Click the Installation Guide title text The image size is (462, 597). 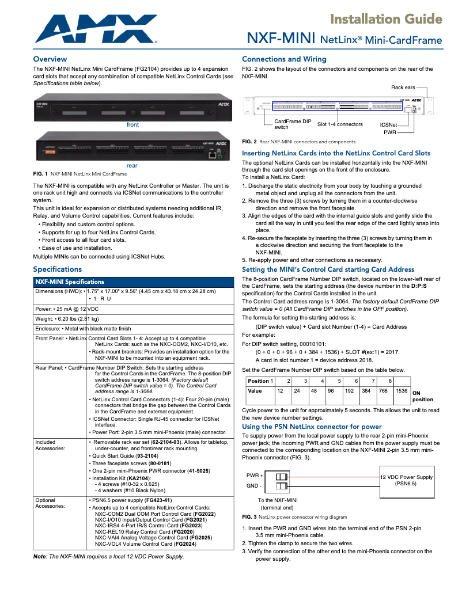tap(386, 20)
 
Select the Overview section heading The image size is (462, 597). tap(50, 59)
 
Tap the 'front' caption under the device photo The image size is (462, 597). tap(132, 124)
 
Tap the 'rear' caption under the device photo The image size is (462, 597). tap(132, 165)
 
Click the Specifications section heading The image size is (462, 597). tap(58, 269)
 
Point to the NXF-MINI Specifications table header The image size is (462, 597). tap(70, 282)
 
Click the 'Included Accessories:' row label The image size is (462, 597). tap(51, 445)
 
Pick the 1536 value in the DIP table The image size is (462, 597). tap(402, 391)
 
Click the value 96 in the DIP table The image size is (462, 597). tap(331, 391)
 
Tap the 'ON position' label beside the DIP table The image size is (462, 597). tap(422, 396)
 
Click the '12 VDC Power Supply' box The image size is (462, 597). tap(406, 481)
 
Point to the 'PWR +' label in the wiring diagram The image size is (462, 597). tap(255, 476)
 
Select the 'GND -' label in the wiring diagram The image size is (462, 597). tap(254, 486)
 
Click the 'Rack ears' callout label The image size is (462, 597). tap(403, 88)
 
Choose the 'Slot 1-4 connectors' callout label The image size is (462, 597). tap(340, 124)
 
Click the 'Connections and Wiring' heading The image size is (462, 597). tap(284, 59)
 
